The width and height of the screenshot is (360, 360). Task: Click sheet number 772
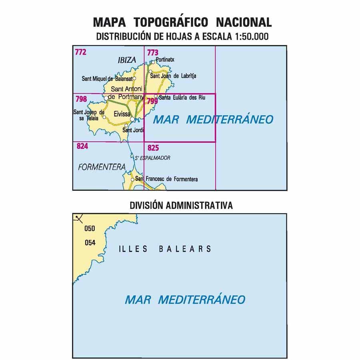click(x=80, y=52)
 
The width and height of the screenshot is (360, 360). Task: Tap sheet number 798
click(x=80, y=98)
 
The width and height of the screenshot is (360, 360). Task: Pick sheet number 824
click(x=82, y=147)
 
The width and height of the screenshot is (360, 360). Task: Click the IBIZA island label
click(x=127, y=60)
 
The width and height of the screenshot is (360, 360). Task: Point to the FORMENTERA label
click(x=102, y=167)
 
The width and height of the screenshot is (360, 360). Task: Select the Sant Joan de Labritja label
click(x=174, y=76)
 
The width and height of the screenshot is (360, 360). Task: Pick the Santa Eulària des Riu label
click(x=182, y=97)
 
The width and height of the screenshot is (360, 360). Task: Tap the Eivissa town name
click(x=122, y=114)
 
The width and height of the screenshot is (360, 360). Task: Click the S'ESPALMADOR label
click(x=152, y=158)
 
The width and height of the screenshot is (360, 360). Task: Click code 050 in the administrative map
click(x=90, y=229)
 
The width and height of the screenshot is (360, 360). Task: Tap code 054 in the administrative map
click(x=90, y=243)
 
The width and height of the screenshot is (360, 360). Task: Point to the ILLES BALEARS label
click(x=165, y=249)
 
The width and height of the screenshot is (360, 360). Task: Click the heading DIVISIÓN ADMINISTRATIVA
click(x=181, y=206)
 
